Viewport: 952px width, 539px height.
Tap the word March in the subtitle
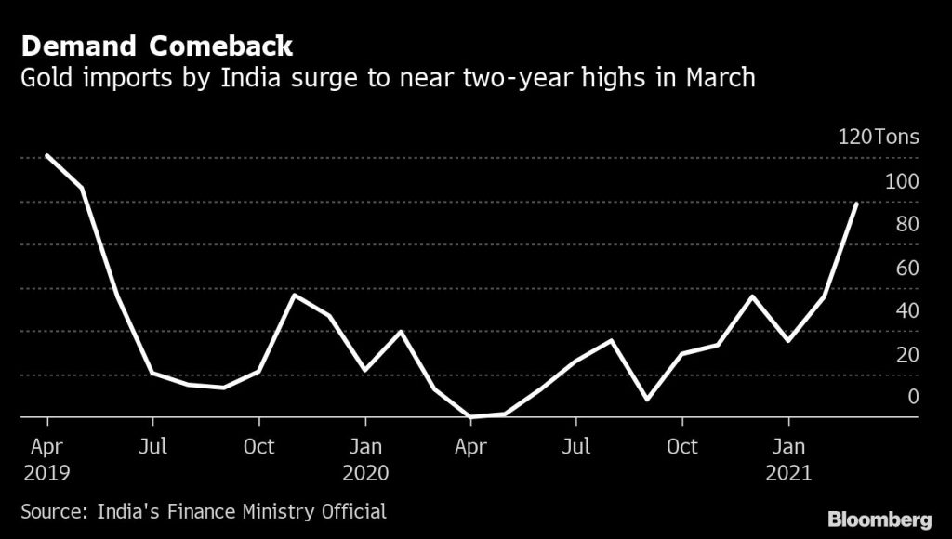click(721, 78)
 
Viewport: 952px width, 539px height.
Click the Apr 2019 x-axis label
click(46, 459)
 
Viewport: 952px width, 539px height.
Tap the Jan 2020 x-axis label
click(365, 459)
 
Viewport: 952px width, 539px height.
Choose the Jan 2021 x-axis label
click(789, 459)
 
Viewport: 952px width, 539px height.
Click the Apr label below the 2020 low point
click(470, 447)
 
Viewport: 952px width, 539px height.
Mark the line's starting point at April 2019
click(46, 155)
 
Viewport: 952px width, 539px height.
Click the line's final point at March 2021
click(856, 204)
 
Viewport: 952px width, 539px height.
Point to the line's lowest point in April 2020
click(471, 416)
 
